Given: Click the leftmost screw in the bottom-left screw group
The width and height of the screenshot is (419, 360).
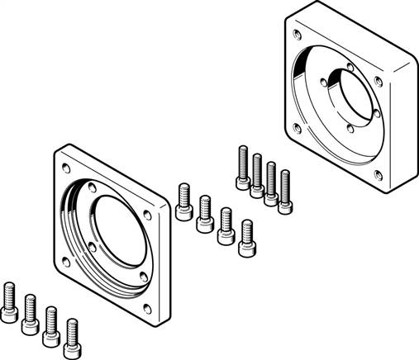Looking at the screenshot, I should tap(9, 302).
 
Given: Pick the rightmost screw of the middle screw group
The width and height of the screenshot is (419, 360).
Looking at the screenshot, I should tap(245, 238).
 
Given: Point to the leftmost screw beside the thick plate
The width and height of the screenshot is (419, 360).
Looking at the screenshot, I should tap(243, 168).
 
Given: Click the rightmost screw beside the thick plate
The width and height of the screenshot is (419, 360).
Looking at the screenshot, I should tap(284, 192).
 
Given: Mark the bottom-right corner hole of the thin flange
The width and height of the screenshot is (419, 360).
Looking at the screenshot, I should tap(147, 309).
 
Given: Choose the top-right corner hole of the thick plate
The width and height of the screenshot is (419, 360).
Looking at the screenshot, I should tap(378, 80).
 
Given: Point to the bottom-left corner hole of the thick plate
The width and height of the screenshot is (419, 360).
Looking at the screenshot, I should tap(296, 127).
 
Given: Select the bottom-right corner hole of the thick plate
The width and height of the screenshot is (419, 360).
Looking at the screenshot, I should tap(377, 174).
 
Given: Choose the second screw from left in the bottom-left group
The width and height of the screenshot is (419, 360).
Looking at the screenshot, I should tap(30, 313).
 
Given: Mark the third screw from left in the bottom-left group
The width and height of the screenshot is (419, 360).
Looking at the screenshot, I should tap(50, 323).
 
